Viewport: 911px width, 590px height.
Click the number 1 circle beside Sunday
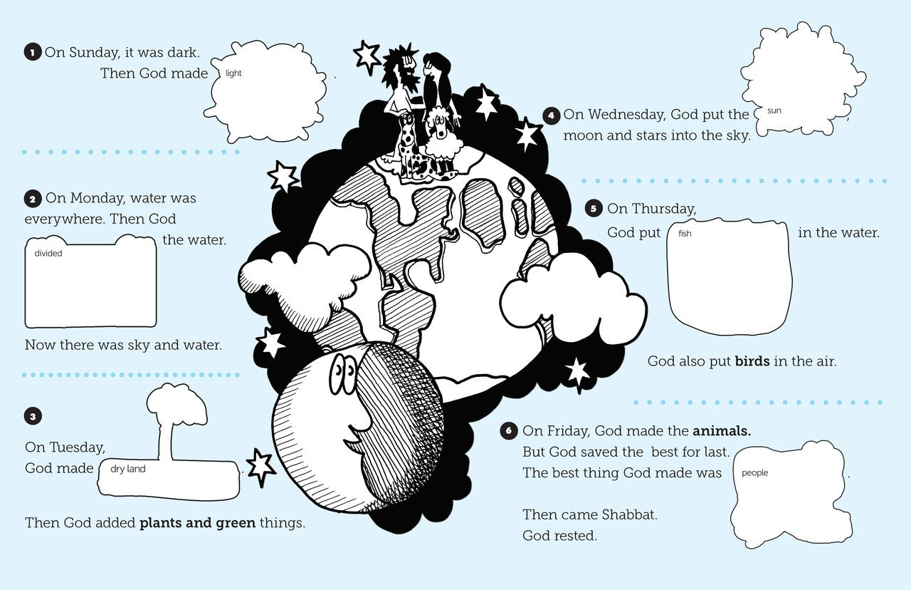(32, 53)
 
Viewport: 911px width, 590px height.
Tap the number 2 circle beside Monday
(33, 199)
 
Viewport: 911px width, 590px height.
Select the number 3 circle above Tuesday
(33, 416)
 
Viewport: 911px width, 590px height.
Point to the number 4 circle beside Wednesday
(552, 115)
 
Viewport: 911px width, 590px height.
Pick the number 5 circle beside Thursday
(594, 209)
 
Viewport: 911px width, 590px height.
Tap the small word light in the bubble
(233, 73)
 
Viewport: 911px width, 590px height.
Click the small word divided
(48, 253)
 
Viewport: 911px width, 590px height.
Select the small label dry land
(128, 470)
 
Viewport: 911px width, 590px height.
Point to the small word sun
(774, 111)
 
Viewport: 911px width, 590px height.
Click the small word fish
(685, 234)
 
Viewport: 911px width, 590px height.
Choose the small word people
(754, 472)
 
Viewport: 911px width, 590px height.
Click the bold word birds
(752, 361)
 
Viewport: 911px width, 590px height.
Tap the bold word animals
(722, 430)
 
